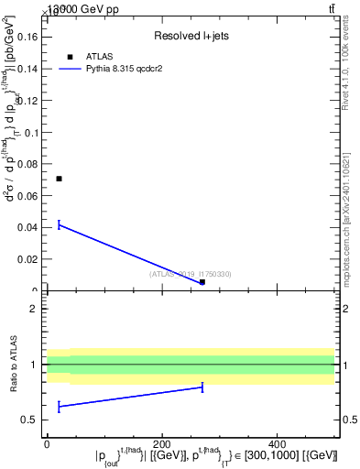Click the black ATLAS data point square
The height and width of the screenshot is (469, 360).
tap(59, 179)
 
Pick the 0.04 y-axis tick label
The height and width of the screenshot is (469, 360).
tap(31, 228)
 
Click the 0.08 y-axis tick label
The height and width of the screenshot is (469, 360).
tap(31, 164)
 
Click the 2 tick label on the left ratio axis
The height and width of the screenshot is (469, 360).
tap(36, 309)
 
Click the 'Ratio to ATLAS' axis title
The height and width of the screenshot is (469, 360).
tap(14, 364)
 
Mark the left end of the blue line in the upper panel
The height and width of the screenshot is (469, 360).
tap(59, 224)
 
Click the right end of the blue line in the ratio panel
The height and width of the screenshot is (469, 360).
tap(202, 387)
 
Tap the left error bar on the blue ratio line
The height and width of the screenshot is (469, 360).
tap(59, 406)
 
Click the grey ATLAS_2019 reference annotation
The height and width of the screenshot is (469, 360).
tap(191, 274)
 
